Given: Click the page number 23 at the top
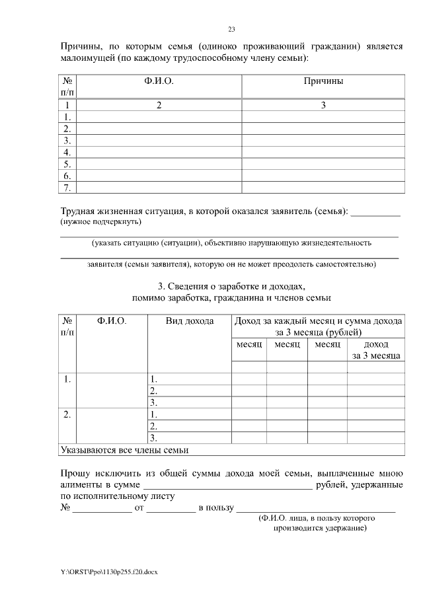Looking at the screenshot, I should tap(231, 29).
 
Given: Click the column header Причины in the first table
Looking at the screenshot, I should tap(323, 81).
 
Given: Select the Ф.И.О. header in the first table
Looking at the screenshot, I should tap(159, 81).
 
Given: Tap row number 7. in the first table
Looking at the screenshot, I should tap(67, 188).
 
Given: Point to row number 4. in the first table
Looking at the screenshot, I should tap(67, 153).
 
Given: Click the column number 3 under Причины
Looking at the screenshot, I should tap(323, 105).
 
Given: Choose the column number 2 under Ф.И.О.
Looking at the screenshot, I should tap(159, 105).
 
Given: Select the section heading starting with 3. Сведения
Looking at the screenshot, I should tap(231, 287).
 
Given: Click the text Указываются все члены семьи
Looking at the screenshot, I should tap(124, 450).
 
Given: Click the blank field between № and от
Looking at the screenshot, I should tap(102, 508).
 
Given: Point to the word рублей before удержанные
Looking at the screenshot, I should tap(332, 485).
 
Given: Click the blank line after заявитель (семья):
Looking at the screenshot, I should tap(375, 213).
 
